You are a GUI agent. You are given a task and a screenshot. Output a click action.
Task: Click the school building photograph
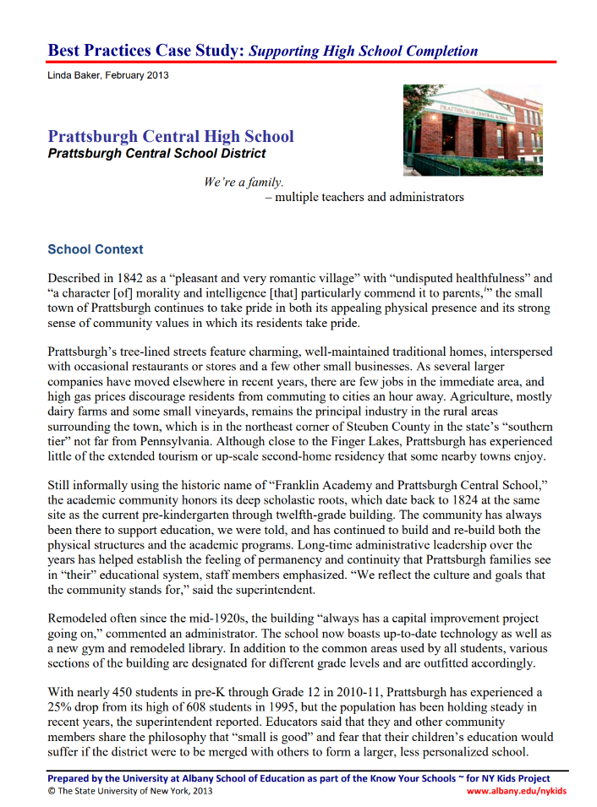click(472, 129)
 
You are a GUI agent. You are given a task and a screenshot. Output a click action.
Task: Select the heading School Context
click(96, 249)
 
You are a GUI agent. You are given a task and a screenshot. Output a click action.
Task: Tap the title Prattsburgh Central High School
click(171, 136)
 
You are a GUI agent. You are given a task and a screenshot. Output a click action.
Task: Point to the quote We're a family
click(244, 182)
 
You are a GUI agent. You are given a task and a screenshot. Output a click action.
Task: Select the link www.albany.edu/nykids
click(517, 791)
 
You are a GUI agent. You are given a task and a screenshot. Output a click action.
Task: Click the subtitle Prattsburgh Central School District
click(156, 154)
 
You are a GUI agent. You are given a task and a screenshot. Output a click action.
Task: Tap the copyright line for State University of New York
click(130, 791)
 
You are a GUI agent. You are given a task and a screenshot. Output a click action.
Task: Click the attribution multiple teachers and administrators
click(370, 198)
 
